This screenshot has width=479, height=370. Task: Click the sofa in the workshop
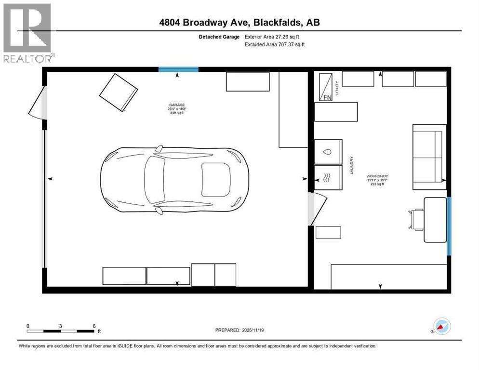tap(427, 157)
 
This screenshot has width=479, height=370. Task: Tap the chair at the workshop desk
tap(415, 219)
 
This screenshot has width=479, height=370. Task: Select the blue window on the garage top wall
tap(178, 69)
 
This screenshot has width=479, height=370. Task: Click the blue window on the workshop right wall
tap(449, 225)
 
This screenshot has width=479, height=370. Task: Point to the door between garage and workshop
tap(316, 208)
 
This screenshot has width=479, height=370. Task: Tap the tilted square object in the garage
tap(119, 92)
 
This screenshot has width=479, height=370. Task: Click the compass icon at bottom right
tap(441, 326)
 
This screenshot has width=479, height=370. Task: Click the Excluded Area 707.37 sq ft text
tap(275, 44)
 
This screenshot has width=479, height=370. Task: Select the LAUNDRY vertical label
tap(352, 165)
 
